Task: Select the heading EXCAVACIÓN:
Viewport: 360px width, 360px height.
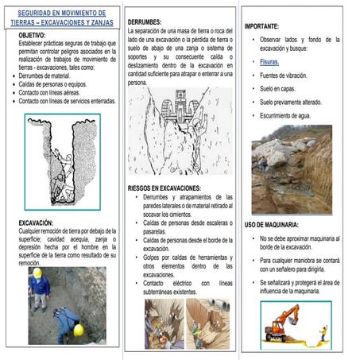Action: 36,223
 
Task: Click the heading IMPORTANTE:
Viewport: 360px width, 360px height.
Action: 267,26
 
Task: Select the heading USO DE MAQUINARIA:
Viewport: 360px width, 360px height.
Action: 272,225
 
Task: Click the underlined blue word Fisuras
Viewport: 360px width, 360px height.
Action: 270,61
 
